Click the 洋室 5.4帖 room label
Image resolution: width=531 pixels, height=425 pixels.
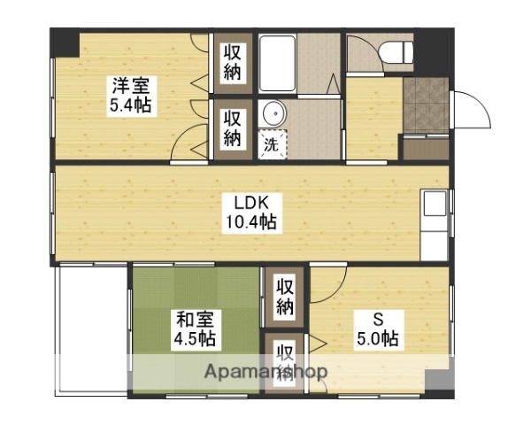130,97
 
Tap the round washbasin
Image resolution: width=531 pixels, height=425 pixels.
273,114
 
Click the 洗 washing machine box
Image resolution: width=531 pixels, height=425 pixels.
272,144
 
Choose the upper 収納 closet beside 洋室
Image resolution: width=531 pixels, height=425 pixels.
232,62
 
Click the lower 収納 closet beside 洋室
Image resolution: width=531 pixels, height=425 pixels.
232,127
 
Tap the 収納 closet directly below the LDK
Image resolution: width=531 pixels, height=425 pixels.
284,297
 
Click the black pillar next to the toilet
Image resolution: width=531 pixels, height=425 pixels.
434,43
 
